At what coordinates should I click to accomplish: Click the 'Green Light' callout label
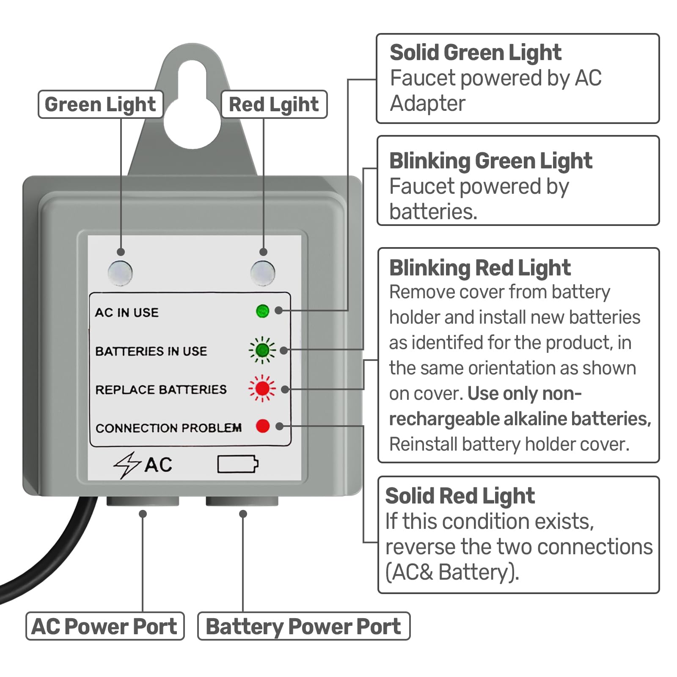coord(100,105)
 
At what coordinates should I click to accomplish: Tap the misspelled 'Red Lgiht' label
coord(274,105)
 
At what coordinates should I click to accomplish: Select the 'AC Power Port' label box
coord(105,626)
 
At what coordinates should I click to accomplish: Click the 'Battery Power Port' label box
coord(303,626)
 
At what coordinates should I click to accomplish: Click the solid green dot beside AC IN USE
coord(263,311)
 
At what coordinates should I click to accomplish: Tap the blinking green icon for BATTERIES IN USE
coord(262,350)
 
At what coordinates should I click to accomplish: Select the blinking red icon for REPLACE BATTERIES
coord(262,388)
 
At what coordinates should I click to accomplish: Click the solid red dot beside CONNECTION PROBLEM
coord(263,426)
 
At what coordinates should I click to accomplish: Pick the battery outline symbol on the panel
coord(238,464)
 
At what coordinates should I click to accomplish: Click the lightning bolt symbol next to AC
coord(127,465)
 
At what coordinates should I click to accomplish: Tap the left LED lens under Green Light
coord(120,273)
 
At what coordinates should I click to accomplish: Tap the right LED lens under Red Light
coord(263,273)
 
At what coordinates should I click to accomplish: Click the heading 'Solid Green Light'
coord(475,53)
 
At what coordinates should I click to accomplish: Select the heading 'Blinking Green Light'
coord(490,161)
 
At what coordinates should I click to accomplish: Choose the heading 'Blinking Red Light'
coord(480,268)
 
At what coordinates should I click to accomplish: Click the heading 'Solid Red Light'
coord(460,496)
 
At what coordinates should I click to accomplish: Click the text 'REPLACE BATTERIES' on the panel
coord(161,389)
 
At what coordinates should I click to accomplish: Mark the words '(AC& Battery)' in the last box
coord(452,572)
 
